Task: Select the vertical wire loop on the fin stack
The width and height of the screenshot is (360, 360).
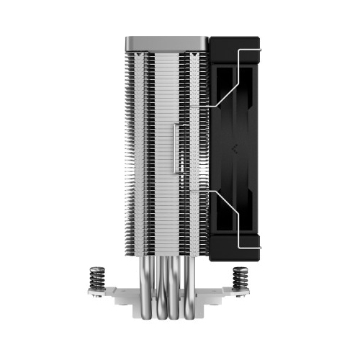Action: [176, 148]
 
